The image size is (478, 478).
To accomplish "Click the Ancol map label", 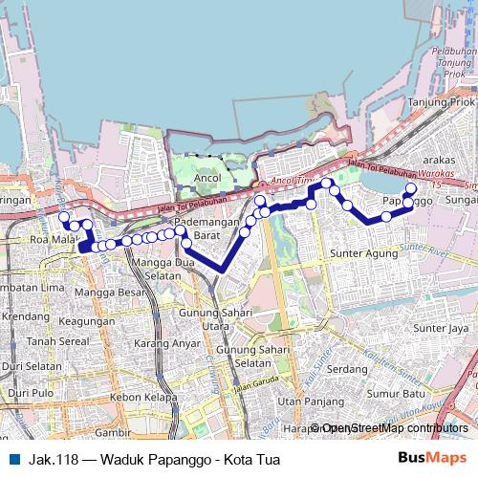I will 207,178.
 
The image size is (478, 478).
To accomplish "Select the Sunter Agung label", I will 362,253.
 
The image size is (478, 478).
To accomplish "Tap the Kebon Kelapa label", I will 143,397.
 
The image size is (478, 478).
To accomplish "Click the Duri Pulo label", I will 31,393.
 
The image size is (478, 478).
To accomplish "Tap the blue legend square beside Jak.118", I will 13,459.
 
